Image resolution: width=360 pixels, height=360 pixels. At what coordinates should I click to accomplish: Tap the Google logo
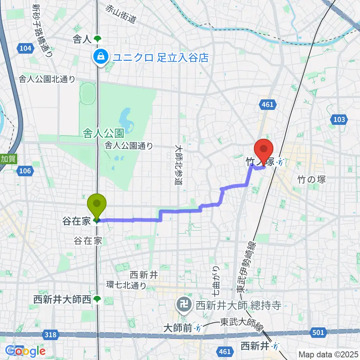pos(25,351)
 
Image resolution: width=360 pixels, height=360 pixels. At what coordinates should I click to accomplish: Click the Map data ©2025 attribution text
pos(328,354)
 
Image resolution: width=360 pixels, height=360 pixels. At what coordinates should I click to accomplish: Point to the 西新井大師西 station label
pos(62,299)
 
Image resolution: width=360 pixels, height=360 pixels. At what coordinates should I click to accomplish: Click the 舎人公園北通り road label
pos(48,79)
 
